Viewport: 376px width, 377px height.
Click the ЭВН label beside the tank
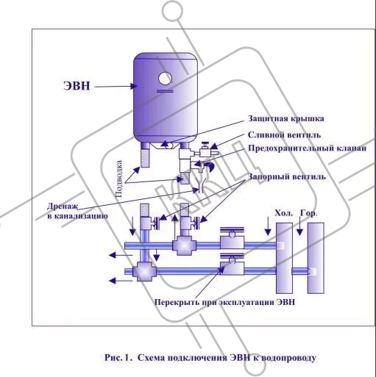77,86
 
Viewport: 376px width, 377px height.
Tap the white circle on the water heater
165,79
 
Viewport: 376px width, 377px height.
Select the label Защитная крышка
285,118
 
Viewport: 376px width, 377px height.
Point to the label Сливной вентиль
284,135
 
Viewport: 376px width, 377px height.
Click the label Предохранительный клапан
307,148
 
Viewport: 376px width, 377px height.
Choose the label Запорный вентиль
287,176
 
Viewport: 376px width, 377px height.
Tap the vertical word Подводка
119,179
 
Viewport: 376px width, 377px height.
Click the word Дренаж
63,207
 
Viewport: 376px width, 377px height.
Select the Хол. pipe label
284,213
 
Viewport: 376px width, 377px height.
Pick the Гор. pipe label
308,213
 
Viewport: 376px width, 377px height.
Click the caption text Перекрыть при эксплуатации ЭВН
224,302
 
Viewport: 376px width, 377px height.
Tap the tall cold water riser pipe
284,258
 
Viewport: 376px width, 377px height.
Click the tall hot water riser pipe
316,258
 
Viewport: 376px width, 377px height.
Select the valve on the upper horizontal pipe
232,238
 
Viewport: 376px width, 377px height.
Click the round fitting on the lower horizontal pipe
143,271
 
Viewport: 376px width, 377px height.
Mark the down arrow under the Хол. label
268,226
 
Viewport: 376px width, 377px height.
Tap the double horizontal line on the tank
165,91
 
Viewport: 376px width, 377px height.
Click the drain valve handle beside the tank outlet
205,145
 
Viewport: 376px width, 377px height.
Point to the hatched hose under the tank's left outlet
145,158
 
